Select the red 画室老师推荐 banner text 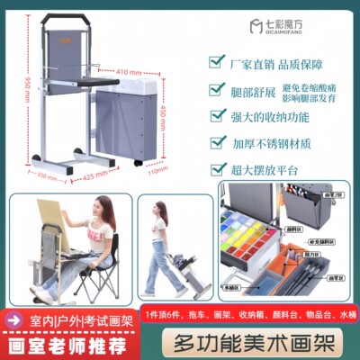point(55,341)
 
